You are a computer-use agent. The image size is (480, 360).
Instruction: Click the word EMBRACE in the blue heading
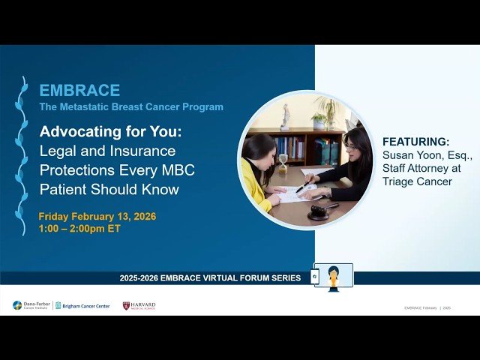[79, 91]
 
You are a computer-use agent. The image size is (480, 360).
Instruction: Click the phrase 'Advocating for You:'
[110, 131]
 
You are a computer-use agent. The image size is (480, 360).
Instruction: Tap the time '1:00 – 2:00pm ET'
[79, 229]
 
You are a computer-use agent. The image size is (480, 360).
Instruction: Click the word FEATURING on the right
[415, 141]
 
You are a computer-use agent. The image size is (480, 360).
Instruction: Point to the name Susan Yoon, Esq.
[427, 154]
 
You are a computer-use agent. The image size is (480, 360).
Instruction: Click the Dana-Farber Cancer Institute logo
[31, 306]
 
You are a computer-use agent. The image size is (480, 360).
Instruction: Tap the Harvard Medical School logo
[139, 306]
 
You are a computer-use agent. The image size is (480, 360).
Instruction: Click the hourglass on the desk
[283, 163]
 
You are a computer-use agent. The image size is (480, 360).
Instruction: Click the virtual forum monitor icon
[333, 277]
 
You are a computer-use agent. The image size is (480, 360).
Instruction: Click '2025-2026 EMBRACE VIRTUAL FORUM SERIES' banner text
[210, 278]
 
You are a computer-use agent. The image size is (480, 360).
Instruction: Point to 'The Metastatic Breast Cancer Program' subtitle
[131, 107]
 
